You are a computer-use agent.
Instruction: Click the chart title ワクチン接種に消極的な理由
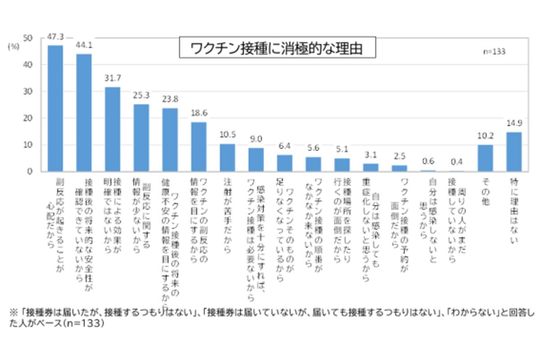pos(277,48)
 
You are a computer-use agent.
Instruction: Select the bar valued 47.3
pos(55,108)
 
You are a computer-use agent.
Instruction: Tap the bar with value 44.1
pos(84,112)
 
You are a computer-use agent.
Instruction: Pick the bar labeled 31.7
pos(112,129)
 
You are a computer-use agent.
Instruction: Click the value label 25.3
pos(141,95)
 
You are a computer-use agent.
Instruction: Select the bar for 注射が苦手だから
pos(227,157)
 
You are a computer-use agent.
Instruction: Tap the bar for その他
pos(485,158)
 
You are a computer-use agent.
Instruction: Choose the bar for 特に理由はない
pos(514,152)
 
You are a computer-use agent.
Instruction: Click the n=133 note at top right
pos(495,51)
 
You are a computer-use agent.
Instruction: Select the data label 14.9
pos(514,123)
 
